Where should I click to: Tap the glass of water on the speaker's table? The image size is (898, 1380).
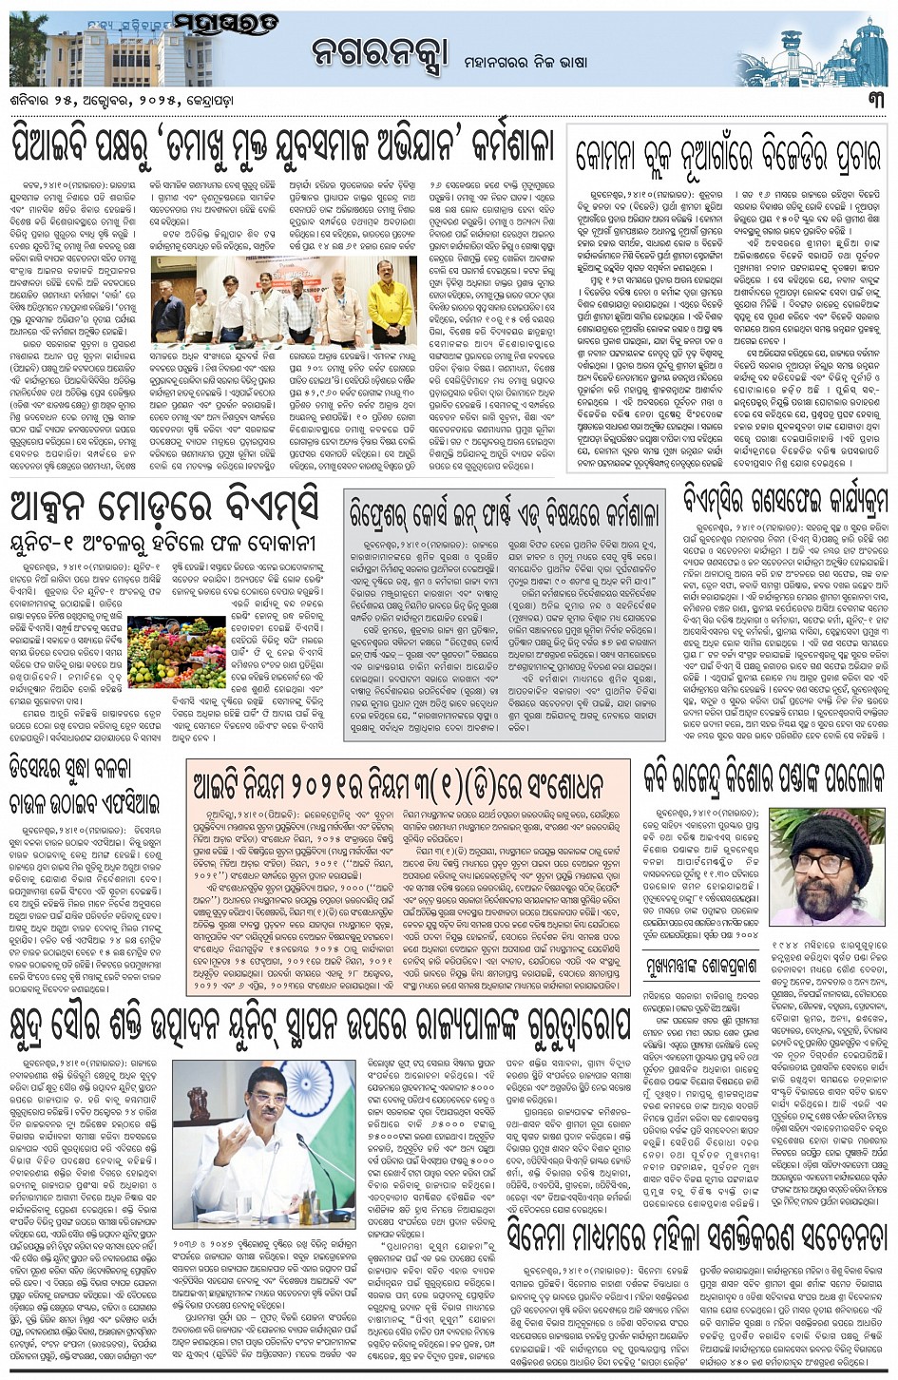306,1209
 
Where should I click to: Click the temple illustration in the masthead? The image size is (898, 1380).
816,48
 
